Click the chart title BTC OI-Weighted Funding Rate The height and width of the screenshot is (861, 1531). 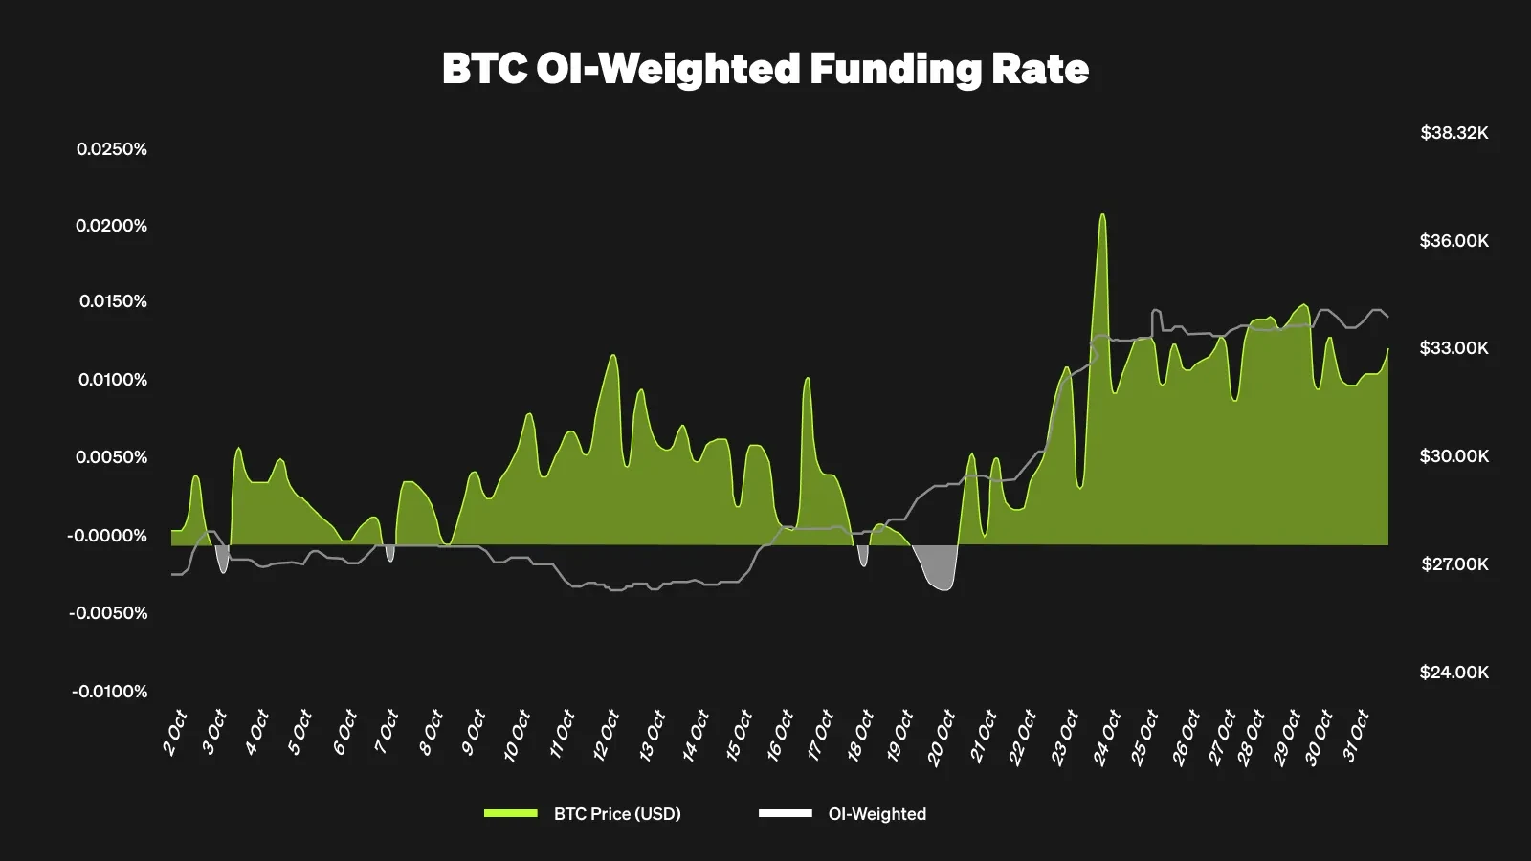[765, 69]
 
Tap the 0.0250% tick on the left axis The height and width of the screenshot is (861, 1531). [112, 149]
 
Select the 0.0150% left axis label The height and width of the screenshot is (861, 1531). [113, 301]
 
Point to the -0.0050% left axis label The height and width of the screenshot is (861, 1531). [108, 613]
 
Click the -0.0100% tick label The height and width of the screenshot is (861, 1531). [109, 692]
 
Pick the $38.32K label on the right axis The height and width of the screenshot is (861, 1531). [1454, 133]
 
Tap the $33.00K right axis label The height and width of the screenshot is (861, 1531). [1454, 348]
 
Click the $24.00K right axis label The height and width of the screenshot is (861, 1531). [1454, 673]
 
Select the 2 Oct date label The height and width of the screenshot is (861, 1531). [174, 734]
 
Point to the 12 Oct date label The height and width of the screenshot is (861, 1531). [606, 736]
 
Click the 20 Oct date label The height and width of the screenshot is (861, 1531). [941, 738]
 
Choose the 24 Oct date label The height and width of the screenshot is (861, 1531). [1107, 738]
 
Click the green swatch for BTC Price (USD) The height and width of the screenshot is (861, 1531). [511, 814]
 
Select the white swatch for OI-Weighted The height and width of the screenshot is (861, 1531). [785, 814]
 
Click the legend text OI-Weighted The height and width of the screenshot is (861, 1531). [877, 814]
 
